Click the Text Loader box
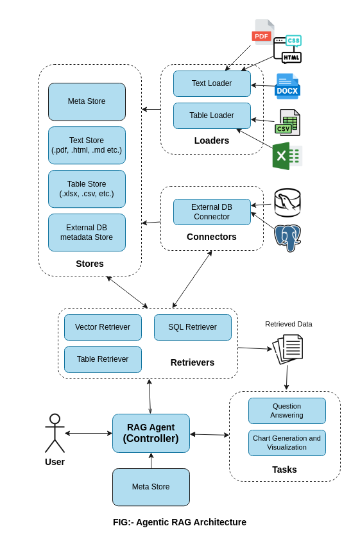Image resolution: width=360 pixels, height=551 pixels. point(212,83)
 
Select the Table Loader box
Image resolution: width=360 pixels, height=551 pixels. point(212,115)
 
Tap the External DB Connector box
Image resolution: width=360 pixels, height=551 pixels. point(212,212)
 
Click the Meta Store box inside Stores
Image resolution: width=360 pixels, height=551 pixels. point(87,101)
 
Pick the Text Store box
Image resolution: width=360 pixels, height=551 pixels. point(87,145)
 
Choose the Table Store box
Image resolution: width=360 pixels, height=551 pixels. point(87,189)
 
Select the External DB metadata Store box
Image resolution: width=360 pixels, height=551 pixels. point(87,232)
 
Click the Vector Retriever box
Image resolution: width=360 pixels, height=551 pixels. point(103,327)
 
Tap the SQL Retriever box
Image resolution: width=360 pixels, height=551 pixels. point(193,327)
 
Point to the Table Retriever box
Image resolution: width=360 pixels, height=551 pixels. point(103,359)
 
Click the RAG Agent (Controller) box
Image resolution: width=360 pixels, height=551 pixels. point(151,433)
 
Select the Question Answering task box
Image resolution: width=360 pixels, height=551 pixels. point(287,411)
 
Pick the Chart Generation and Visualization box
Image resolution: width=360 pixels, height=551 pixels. point(287,443)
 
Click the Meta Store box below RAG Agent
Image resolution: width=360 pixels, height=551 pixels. point(151,487)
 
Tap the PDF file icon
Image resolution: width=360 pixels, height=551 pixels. point(262,33)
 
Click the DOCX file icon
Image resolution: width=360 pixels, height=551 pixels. point(287,87)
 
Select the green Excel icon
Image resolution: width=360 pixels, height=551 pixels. point(286,156)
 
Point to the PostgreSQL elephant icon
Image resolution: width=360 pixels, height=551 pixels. point(287,237)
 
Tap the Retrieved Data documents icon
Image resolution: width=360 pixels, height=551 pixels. point(288,349)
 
